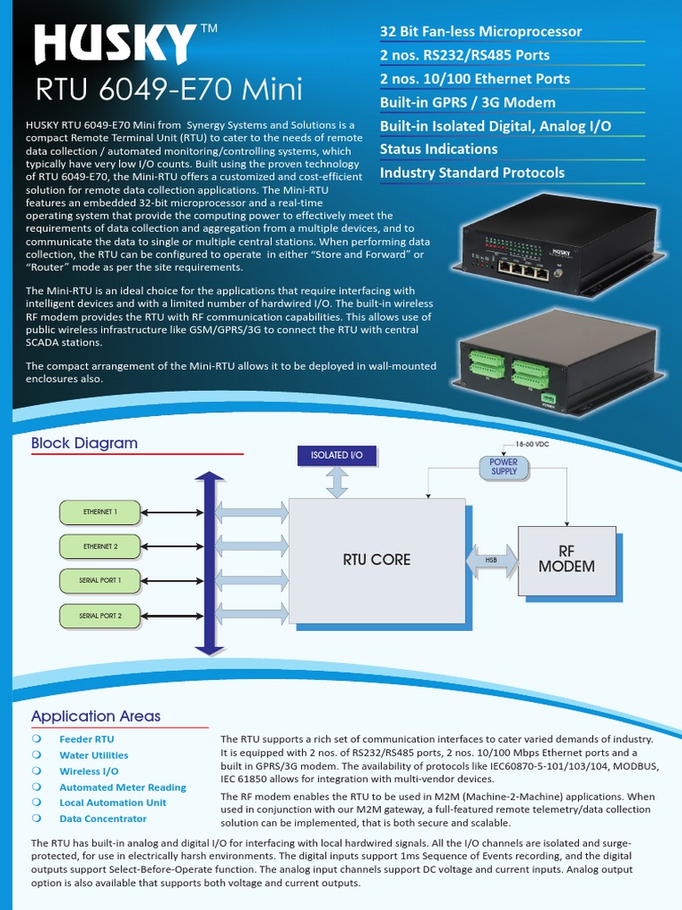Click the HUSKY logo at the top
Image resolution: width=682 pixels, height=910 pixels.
coord(115,44)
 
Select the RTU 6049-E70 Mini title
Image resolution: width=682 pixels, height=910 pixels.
coord(169,90)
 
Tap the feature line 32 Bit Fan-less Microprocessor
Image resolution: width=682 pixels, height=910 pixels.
coord(480,32)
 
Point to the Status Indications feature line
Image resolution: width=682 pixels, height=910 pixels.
coord(439,149)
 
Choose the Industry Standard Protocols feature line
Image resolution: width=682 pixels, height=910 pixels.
coord(472,172)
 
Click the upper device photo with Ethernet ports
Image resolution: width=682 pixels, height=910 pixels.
coord(530,245)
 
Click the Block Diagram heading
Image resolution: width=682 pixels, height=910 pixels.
coord(84,443)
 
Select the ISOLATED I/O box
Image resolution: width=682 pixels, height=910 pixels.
coord(337,455)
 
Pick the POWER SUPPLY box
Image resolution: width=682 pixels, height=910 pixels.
coord(504,467)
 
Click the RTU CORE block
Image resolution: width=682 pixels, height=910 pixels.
coord(377,560)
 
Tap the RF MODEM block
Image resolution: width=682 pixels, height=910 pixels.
coord(567,559)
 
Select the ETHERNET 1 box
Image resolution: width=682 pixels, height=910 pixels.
coord(99,513)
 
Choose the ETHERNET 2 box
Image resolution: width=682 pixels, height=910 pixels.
coord(99,547)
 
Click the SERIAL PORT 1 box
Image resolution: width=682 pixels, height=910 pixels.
coord(99,580)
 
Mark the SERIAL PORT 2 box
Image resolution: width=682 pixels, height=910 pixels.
coord(99,615)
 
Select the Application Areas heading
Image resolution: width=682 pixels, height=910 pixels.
coord(96,716)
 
